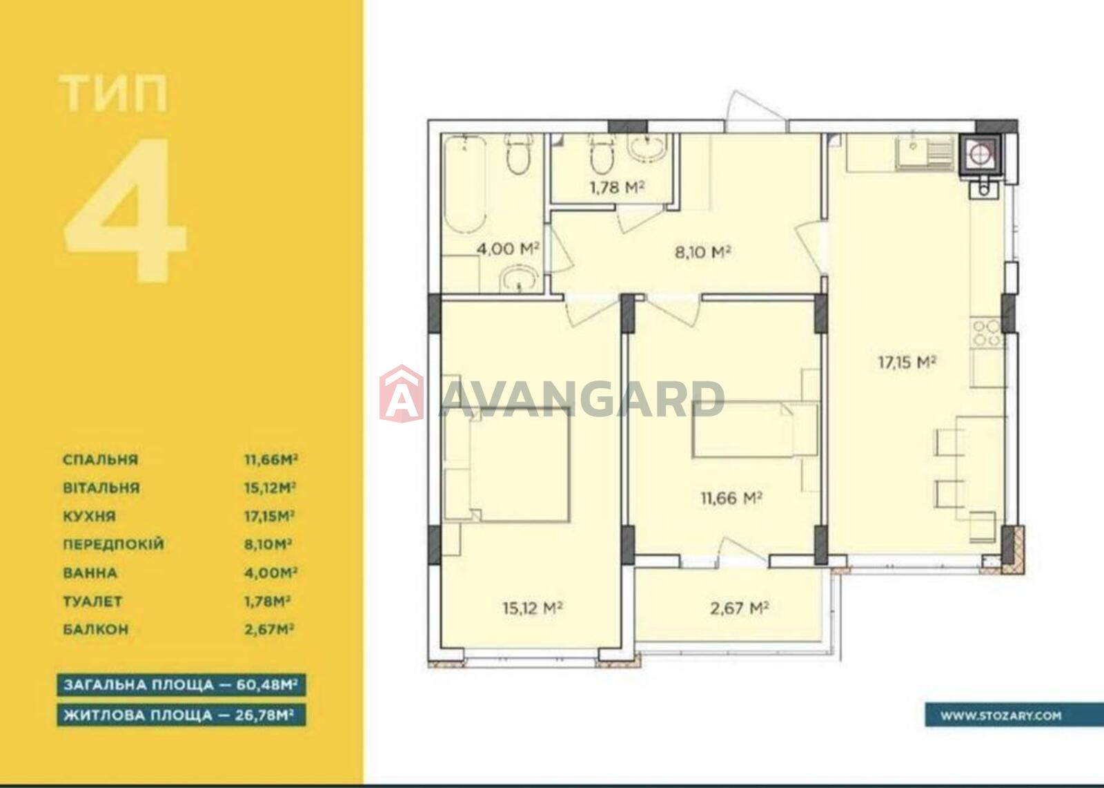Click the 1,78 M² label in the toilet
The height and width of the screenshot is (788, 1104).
pos(617,187)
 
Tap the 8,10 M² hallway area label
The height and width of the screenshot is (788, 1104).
pos(702,252)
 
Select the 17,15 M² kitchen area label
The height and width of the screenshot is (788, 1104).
pos(907,362)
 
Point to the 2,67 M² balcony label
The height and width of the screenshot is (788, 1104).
pos(739,608)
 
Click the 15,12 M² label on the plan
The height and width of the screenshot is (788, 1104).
pos(532,608)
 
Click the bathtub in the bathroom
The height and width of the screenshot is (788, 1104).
pos(465,185)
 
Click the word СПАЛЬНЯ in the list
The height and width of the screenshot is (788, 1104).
pos(101,459)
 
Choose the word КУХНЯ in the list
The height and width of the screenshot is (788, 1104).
pos(89,516)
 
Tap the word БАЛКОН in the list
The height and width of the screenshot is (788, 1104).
pos(96,630)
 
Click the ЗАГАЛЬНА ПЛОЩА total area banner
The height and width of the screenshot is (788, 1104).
pos(181,685)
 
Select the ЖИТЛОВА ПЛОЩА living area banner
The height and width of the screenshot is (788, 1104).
pos(181,715)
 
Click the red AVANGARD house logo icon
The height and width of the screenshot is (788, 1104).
pos(401,394)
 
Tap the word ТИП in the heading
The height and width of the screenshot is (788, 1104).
pos(114,93)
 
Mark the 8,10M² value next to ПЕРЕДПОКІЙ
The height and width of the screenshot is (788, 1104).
pos(268,545)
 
